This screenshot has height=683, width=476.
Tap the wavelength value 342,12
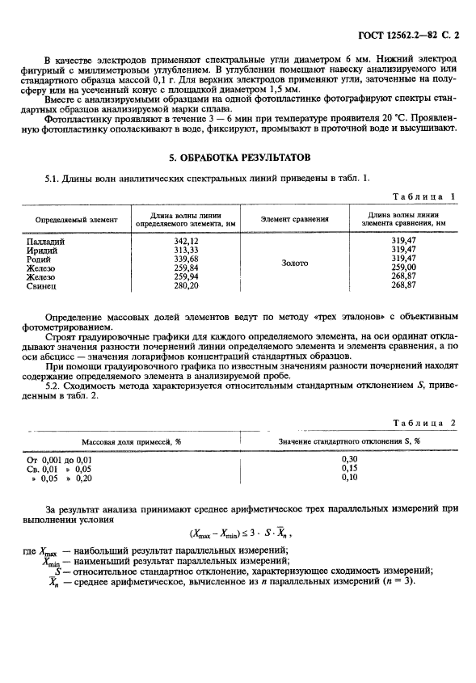pyautogui.click(x=186, y=242)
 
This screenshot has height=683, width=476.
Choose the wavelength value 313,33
pyautogui.click(x=186, y=250)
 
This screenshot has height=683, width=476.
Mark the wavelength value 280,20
pyautogui.click(x=186, y=285)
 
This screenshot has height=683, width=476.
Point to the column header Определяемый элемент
pyautogui.click(x=76, y=219)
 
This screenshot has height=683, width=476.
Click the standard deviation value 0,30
pyautogui.click(x=349, y=459)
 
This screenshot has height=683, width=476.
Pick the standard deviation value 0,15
pyautogui.click(x=349, y=468)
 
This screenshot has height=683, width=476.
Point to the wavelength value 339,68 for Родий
pyautogui.click(x=186, y=259)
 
